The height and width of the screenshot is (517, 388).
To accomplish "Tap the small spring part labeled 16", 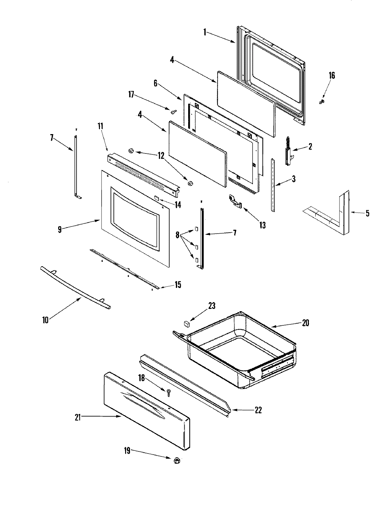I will click(x=322, y=102).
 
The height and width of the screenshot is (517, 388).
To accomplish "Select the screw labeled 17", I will click(x=174, y=111).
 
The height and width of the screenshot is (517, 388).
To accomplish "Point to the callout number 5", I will click(x=367, y=213).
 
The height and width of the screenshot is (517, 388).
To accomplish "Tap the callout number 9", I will click(x=59, y=229).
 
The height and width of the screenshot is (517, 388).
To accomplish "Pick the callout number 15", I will click(x=178, y=285).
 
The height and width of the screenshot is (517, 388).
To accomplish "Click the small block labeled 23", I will click(x=186, y=322).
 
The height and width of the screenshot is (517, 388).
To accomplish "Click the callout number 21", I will click(x=78, y=417).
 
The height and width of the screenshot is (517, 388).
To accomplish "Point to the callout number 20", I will click(x=306, y=322).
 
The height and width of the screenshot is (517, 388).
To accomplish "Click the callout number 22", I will click(x=258, y=410).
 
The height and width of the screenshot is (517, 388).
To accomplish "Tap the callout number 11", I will click(x=101, y=126).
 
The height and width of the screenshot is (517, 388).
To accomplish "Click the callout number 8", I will click(x=178, y=235).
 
